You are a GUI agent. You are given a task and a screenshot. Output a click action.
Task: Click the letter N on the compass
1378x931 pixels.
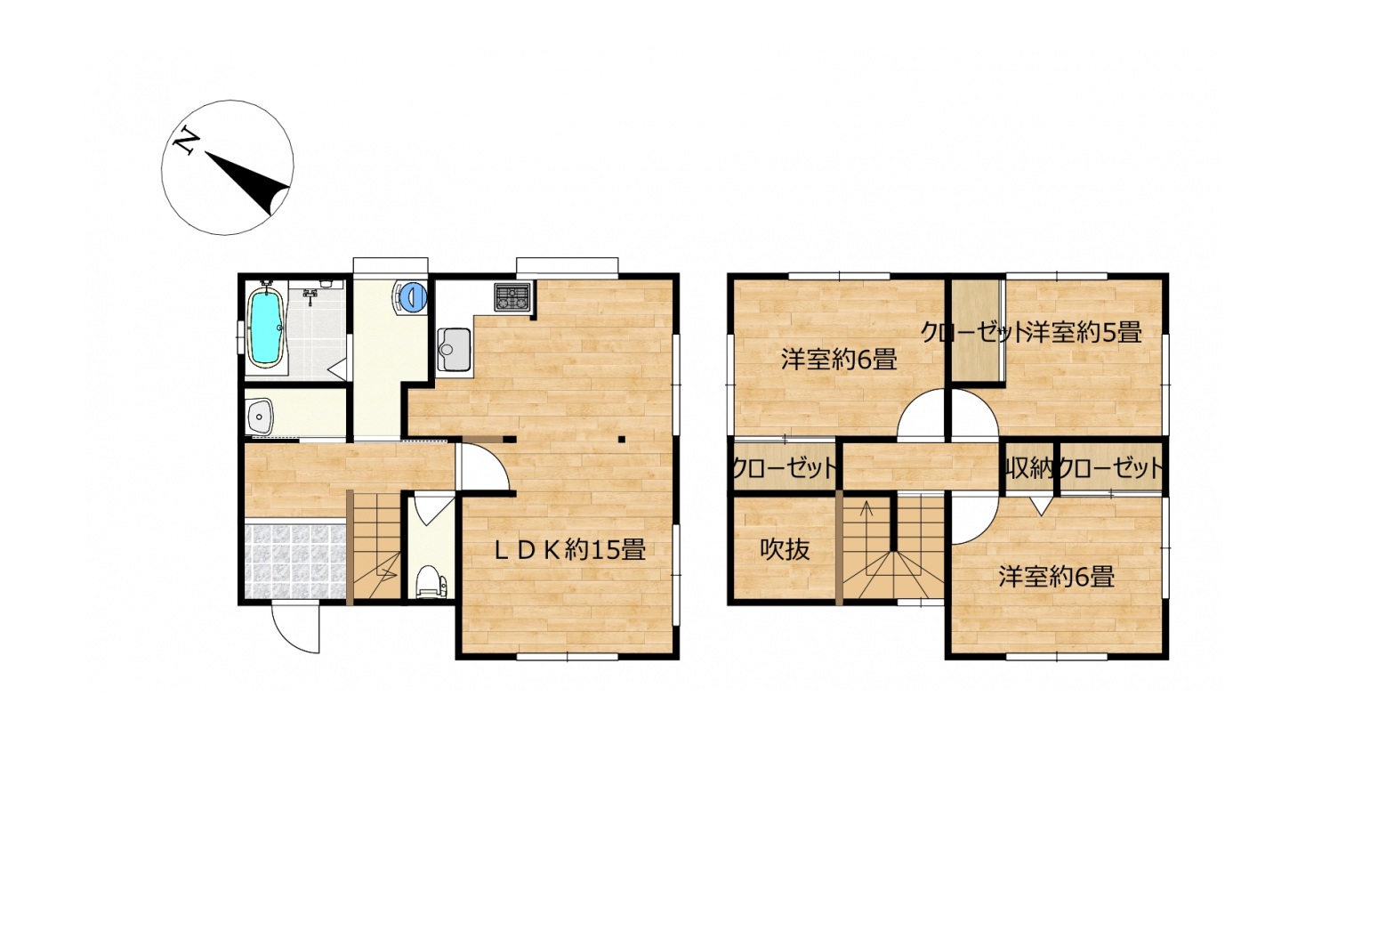point(185,142)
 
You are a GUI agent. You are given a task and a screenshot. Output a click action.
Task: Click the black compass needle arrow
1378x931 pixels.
point(248,182)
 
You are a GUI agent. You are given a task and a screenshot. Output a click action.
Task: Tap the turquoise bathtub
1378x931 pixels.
point(266,328)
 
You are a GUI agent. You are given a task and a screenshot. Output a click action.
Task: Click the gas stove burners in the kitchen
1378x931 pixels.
point(512,297)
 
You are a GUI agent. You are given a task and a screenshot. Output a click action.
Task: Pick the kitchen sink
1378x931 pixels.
point(454,350)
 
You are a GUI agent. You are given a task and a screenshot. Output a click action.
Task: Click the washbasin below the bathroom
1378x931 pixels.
point(261,416)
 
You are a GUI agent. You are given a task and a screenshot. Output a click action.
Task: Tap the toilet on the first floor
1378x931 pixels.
point(431,580)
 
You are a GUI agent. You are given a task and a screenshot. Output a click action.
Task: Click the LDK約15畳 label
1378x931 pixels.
point(570,549)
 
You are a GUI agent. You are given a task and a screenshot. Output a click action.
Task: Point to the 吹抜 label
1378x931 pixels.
point(785,549)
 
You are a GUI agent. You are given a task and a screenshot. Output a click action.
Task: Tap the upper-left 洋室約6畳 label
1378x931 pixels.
point(839,360)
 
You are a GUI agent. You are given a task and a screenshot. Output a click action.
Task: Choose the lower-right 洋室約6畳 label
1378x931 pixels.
point(1056,577)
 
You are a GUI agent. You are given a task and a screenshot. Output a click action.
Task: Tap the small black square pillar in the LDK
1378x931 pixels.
point(621,440)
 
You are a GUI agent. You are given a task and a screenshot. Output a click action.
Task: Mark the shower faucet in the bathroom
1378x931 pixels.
point(310,297)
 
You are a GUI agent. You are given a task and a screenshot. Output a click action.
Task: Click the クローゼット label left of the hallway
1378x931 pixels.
point(785,469)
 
